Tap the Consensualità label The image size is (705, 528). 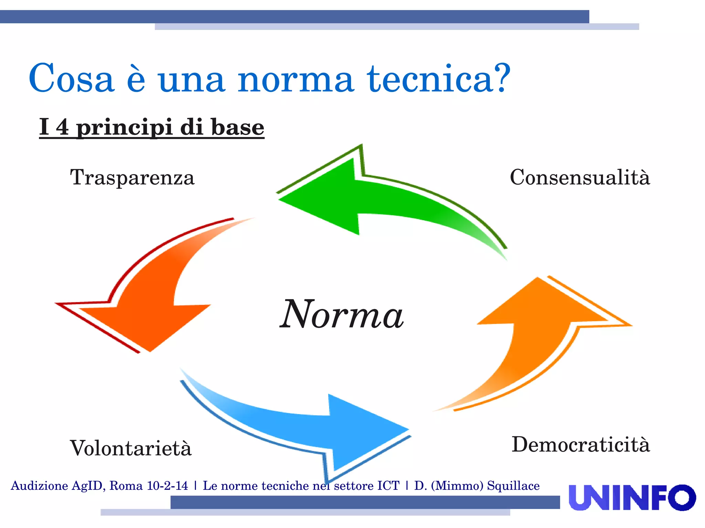pyautogui.click(x=580, y=177)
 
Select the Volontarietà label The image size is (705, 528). pyautogui.click(x=130, y=448)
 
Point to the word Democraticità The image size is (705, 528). pyautogui.click(x=581, y=444)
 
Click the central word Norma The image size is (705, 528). pyautogui.click(x=341, y=314)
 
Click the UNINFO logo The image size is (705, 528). pyautogui.click(x=632, y=497)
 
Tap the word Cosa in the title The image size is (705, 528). pyautogui.click(x=71, y=79)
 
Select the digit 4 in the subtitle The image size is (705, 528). pyautogui.click(x=62, y=127)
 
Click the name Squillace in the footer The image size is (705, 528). pyautogui.click(x=513, y=486)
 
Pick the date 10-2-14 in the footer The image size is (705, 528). pyautogui.click(x=167, y=486)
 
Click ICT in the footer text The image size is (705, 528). pyautogui.click(x=388, y=486)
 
